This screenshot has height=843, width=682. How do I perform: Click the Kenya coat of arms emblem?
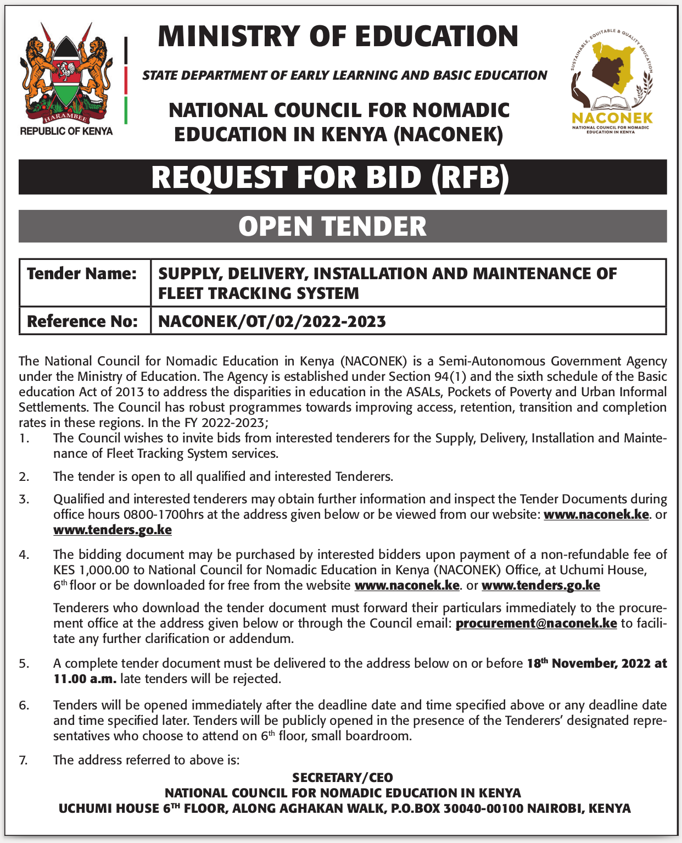coord(66,74)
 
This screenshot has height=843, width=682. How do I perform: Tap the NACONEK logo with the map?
coord(612,80)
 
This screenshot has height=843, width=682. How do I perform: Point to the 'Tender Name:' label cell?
coord(82,274)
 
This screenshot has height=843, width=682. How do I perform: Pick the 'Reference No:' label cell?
coord(82,321)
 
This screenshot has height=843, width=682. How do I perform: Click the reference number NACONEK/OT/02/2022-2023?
coord(272,321)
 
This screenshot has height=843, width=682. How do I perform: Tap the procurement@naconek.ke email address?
coord(536,623)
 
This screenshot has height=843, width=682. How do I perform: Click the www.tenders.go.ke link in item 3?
coord(113,530)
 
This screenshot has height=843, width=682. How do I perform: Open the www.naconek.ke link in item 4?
coord(407,585)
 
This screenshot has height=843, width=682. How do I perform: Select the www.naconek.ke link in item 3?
coord(596,515)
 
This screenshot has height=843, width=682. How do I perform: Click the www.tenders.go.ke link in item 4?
coord(540,585)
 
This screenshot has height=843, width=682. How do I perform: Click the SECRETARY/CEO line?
coord(343,778)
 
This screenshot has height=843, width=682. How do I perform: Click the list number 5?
coord(24,663)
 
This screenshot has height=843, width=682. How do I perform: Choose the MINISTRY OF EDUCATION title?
coord(338,36)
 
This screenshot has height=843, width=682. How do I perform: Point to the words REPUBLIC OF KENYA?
coord(66,131)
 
